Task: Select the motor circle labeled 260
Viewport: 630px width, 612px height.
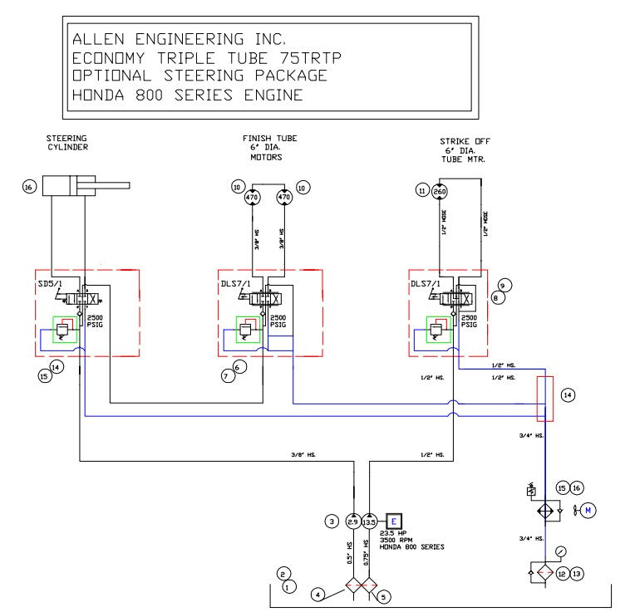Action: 441,190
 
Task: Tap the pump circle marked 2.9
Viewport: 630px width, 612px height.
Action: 353,521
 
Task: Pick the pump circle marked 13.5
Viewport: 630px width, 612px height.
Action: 370,521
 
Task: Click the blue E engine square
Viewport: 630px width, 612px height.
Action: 393,521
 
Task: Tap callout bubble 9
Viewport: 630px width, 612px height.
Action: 504,284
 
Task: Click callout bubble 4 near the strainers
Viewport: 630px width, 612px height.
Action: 316,594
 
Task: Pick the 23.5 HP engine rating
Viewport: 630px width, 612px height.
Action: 395,532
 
